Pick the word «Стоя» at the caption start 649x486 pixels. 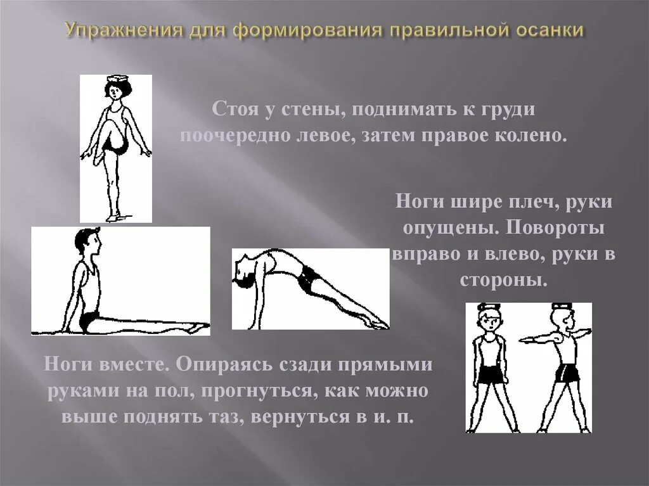pos(235,110)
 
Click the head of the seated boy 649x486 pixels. pos(86,242)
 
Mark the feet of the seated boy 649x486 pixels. pos(196,327)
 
